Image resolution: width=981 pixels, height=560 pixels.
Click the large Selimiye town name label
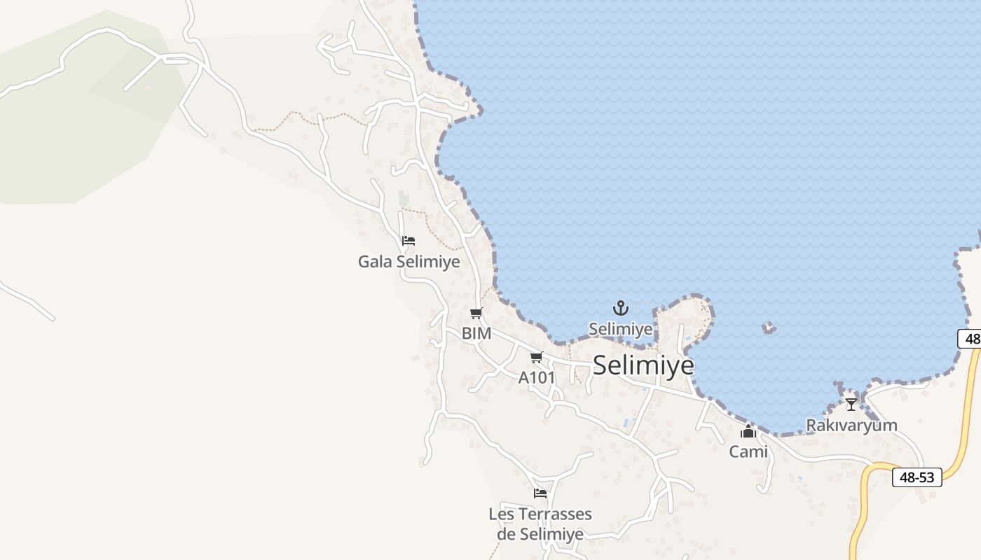pos(643,365)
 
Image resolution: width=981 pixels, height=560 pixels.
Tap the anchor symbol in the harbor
pos(620,308)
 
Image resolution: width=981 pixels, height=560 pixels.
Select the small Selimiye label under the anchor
pos(620,329)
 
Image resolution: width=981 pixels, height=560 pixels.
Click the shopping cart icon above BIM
pos(476,313)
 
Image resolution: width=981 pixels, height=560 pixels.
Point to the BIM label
pos(476,334)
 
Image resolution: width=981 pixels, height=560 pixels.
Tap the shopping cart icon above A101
pos(537,358)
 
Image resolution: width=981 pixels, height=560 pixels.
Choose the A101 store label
pos(537,378)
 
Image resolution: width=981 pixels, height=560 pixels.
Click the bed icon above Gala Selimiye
pos(409,241)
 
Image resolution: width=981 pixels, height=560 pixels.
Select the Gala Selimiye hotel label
pos(409,262)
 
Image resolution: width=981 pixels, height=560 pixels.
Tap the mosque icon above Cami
pos(748,431)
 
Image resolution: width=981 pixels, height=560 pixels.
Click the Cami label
pos(748,452)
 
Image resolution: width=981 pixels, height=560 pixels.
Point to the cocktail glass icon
pos(851,405)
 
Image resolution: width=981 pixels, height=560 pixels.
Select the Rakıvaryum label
pos(851,426)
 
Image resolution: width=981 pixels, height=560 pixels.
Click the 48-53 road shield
pos(917,477)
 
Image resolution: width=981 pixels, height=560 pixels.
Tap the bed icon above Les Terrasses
pos(540,493)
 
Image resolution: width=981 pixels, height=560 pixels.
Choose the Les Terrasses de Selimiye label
pos(540,524)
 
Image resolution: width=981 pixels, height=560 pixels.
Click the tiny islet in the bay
pos(769,327)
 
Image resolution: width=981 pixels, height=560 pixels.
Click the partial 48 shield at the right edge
pos(970,339)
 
